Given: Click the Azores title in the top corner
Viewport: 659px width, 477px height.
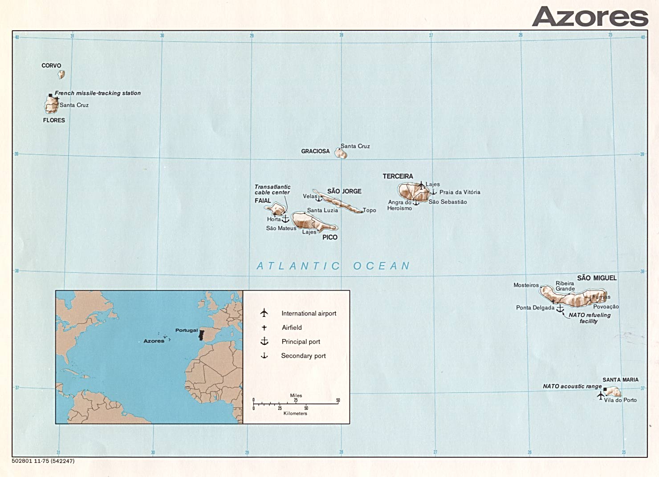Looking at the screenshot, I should (x=590, y=17).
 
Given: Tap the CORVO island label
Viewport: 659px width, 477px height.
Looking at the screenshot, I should (x=51, y=65).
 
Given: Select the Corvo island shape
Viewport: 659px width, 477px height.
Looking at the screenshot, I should (x=61, y=74).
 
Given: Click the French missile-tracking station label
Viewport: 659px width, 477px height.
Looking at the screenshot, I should (x=98, y=93).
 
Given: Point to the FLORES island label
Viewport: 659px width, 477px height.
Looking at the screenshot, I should (x=54, y=120).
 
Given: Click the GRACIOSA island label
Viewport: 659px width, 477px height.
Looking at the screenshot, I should (x=315, y=151).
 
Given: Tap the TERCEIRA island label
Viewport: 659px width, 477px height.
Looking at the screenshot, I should (x=398, y=176).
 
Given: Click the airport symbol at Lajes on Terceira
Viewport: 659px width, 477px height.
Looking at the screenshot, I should (x=421, y=184).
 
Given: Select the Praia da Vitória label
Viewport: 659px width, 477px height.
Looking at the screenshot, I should (x=460, y=192).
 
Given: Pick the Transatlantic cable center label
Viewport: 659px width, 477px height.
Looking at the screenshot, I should (x=273, y=190).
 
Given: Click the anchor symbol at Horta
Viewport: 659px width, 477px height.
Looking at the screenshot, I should (x=285, y=219).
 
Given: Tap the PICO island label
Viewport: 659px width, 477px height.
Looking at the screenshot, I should (x=330, y=237).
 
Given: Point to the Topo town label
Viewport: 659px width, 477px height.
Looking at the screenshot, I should (x=369, y=210).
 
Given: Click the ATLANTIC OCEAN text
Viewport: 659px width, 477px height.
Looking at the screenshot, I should (x=333, y=266).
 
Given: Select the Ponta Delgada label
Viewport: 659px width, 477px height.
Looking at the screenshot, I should (x=535, y=307).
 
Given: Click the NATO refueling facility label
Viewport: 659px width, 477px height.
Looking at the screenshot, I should (x=590, y=318).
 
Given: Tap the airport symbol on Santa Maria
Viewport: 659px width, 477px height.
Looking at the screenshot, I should (x=600, y=395).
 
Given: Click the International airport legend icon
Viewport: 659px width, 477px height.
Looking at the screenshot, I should (x=264, y=313).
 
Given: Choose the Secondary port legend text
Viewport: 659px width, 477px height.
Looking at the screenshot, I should (x=303, y=356).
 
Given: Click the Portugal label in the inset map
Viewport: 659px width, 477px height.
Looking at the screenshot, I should (x=186, y=330).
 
